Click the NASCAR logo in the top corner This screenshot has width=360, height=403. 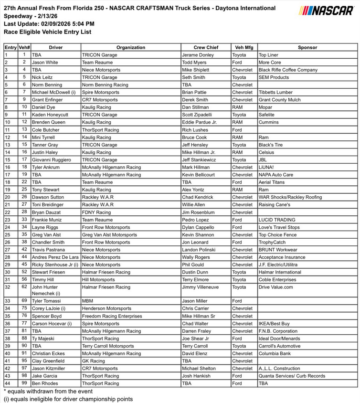(327, 11)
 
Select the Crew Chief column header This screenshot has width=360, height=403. (206, 47)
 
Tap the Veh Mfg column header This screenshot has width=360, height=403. (244, 47)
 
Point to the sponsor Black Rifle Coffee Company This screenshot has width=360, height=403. (287, 70)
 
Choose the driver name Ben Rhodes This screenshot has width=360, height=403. (45, 383)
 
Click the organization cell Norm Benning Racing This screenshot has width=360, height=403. (105, 85)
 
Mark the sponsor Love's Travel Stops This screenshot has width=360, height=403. (279, 227)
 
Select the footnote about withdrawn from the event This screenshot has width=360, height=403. (45, 391)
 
